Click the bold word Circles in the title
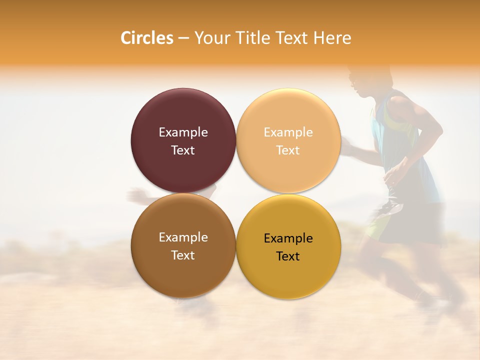pyautogui.click(x=147, y=38)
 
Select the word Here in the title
pyautogui.click(x=332, y=38)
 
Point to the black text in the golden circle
pyautogui.click(x=288, y=247)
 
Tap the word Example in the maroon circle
pyautogui.click(x=183, y=132)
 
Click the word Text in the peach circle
pyautogui.click(x=288, y=150)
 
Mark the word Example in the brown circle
pyautogui.click(x=183, y=237)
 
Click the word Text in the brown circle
pyautogui.click(x=183, y=255)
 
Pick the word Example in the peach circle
pyautogui.click(x=288, y=132)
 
